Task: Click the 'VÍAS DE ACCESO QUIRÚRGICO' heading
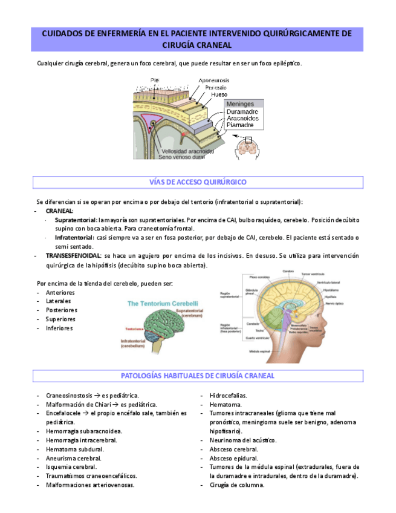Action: pyautogui.click(x=198, y=182)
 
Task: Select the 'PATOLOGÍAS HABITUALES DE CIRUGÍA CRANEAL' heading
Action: pyautogui.click(x=198, y=376)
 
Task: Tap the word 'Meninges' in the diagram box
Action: pyautogui.click(x=241, y=104)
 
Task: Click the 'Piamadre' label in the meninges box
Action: pyautogui.click(x=240, y=125)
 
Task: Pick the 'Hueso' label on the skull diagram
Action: pyautogui.click(x=219, y=94)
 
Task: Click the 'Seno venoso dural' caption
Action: pyautogui.click(x=181, y=157)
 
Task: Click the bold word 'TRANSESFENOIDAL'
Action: pyautogui.click(x=73, y=256)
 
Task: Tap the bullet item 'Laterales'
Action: pyautogui.click(x=59, y=301)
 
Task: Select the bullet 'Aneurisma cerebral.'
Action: pyautogui.click(x=74, y=459)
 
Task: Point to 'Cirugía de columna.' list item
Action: pyautogui.click(x=237, y=485)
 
